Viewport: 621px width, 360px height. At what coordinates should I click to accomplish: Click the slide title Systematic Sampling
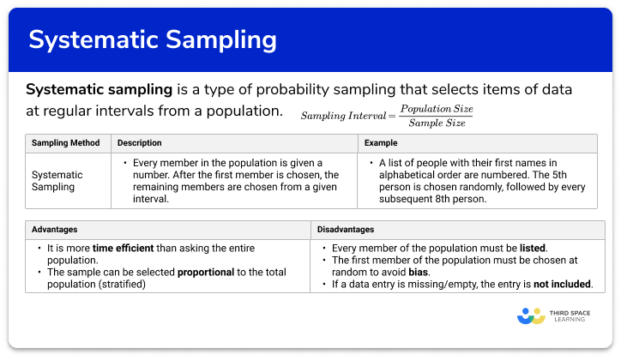click(x=153, y=39)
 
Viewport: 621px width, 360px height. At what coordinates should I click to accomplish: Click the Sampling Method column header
click(x=66, y=142)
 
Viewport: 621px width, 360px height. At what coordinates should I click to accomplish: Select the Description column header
click(x=140, y=142)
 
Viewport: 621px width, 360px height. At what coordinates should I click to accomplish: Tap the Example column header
click(x=381, y=142)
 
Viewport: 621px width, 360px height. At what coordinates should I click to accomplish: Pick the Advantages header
click(x=55, y=230)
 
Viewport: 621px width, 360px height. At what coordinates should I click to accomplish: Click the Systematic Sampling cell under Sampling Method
click(x=58, y=181)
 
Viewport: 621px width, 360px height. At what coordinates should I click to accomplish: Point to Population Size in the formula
click(x=436, y=110)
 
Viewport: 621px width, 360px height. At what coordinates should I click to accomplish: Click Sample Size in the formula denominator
click(x=437, y=123)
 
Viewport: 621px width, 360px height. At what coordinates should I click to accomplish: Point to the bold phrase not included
click(x=564, y=284)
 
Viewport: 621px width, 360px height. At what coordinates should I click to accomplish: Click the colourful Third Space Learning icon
click(x=532, y=316)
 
